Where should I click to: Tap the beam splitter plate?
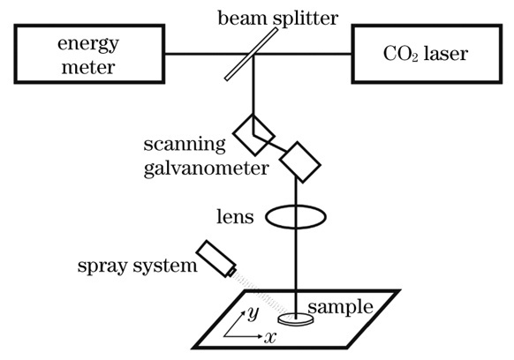(x=252, y=54)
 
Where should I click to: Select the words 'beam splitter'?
(x=277, y=19)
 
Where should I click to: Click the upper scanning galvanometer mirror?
(x=253, y=135)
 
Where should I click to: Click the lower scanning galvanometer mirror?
(x=300, y=162)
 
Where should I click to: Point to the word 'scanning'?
(x=185, y=145)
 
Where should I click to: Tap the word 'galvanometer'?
(x=206, y=169)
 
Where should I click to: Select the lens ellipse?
(x=296, y=206)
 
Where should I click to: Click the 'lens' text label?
(x=235, y=216)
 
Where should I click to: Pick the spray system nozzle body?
(x=216, y=259)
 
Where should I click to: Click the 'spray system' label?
(x=138, y=266)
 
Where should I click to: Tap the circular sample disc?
(x=296, y=319)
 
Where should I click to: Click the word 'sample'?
(x=341, y=307)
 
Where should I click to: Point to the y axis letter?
(x=253, y=313)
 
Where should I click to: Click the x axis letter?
(x=270, y=337)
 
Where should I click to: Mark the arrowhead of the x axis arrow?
(x=261, y=336)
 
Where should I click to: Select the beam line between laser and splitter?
(x=302, y=54)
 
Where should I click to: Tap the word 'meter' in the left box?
(x=88, y=67)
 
